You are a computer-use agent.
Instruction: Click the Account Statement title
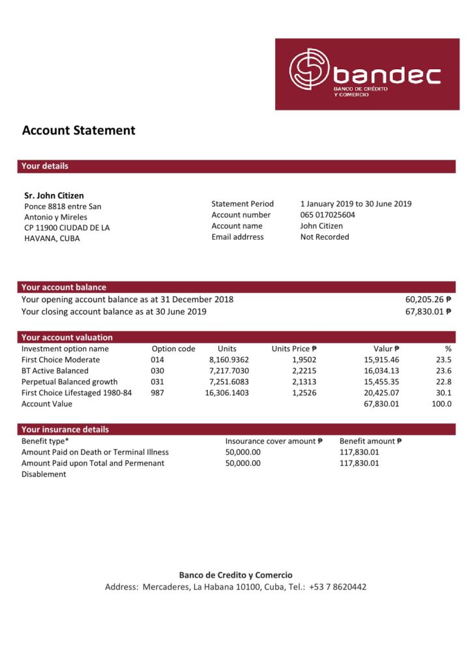[x=79, y=130]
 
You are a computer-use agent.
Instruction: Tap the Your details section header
[x=45, y=166]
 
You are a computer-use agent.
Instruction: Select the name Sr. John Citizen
[x=54, y=195]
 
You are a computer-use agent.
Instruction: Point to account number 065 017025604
[x=328, y=215]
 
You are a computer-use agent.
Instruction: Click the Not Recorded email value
[x=325, y=237]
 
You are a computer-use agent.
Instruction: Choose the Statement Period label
[x=243, y=204]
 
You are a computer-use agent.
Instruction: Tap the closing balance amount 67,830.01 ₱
[x=428, y=312]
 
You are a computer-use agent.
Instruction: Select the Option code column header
[x=173, y=349]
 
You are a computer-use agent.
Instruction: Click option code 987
[x=158, y=393]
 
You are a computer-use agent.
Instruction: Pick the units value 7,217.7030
[x=229, y=371]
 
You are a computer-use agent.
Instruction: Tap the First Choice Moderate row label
[x=61, y=360]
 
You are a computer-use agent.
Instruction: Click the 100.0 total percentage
[x=441, y=404]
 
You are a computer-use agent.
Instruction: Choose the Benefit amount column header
[x=371, y=441]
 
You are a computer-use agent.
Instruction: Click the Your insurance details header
[x=65, y=429]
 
